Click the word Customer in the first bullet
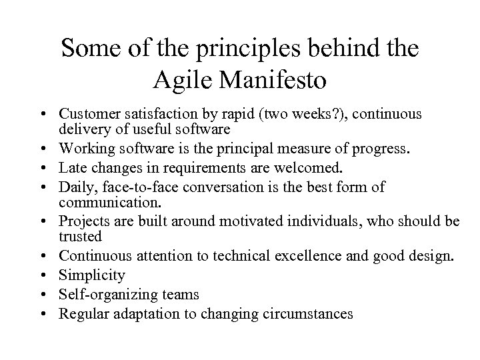click(85, 115)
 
